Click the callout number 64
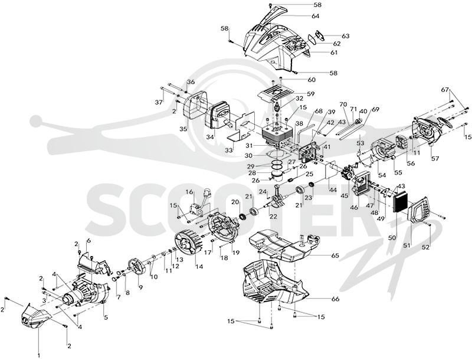tap(315, 16)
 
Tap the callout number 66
tap(335, 299)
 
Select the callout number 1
tap(38, 356)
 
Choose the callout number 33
tap(229, 149)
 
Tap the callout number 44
tap(332, 189)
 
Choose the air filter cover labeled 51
tap(419, 208)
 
